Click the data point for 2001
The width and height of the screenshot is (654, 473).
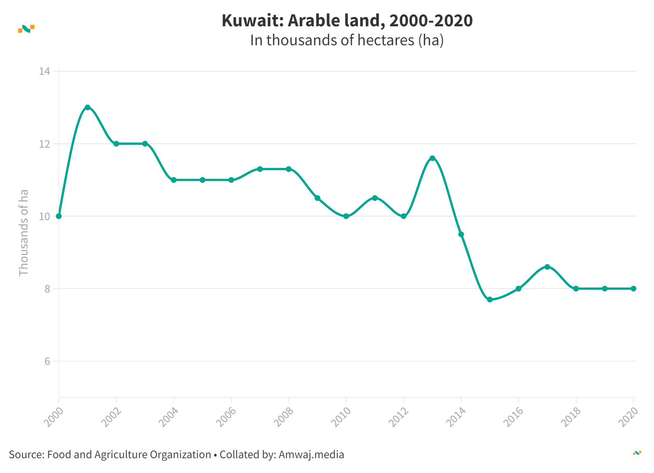point(88,107)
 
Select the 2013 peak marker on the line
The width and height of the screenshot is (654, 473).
point(432,158)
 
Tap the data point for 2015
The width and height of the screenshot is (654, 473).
point(490,299)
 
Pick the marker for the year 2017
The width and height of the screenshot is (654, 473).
point(547,267)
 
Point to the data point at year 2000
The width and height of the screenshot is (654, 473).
point(59,216)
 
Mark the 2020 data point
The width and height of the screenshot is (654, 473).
point(633,289)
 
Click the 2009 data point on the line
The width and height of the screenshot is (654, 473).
point(318,198)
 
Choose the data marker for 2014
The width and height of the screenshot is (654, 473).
point(461,234)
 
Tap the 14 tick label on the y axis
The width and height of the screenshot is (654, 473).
point(44,72)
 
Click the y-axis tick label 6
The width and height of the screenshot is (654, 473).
point(47,361)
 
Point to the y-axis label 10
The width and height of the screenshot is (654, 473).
point(44,216)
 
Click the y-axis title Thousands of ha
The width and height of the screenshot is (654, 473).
point(24,232)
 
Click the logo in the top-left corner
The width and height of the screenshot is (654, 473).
point(26,28)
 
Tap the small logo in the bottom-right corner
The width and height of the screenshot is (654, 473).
point(637,453)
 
